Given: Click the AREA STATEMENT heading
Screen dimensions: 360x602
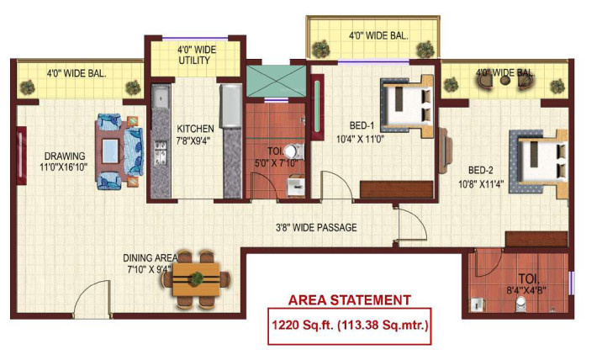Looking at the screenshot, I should (350, 300).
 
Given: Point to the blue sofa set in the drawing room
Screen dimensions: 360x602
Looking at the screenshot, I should (119, 151).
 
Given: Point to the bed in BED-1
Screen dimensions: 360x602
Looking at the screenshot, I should (406, 102).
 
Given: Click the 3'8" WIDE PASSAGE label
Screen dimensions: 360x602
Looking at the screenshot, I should (316, 227).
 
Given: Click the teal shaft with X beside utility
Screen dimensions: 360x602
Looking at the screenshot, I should (276, 82).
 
